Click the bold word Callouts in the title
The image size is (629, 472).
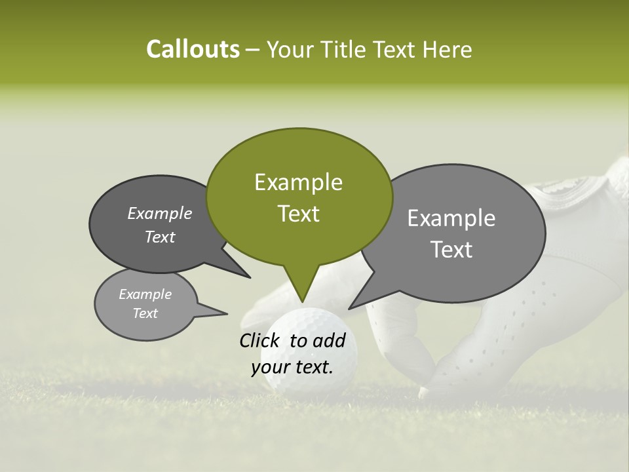pyautogui.click(x=193, y=49)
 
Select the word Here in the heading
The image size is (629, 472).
pyautogui.click(x=448, y=50)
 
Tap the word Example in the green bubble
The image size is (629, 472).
pyautogui.click(x=298, y=182)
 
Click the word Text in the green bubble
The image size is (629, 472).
pyautogui.click(x=298, y=214)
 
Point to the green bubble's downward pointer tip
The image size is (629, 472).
pyautogui.click(x=302, y=302)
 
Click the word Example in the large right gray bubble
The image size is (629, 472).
pyautogui.click(x=451, y=218)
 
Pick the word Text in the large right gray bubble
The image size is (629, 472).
pyautogui.click(x=451, y=250)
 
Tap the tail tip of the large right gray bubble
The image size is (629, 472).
pyautogui.click(x=349, y=308)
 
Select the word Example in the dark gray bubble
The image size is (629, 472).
pyautogui.click(x=160, y=213)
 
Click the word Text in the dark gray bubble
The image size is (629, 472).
pyautogui.click(x=160, y=237)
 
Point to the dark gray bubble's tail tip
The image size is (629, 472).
pyautogui.click(x=250, y=278)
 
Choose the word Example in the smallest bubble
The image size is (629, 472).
pyautogui.click(x=145, y=294)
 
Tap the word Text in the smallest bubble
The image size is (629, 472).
pyautogui.click(x=145, y=313)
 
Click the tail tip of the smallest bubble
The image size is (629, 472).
pyautogui.click(x=227, y=313)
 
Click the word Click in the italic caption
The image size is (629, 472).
pyautogui.click(x=260, y=340)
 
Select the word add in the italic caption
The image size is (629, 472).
pyautogui.click(x=330, y=340)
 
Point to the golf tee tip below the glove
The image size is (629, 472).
pyautogui.click(x=423, y=393)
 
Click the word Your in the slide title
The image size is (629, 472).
pyautogui.click(x=291, y=50)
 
